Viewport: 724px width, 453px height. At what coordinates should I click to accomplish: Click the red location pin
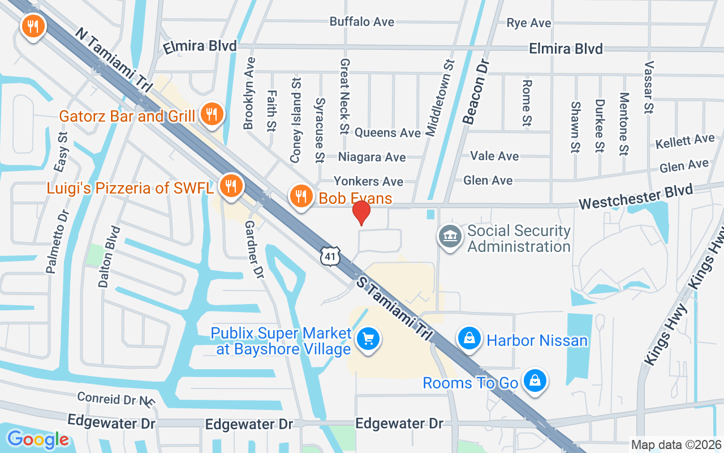[361, 212]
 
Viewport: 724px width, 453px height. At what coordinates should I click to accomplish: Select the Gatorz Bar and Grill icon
[212, 115]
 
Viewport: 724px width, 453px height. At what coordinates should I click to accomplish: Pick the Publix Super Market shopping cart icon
[368, 340]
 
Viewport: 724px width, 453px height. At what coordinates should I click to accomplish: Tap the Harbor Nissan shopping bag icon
[469, 339]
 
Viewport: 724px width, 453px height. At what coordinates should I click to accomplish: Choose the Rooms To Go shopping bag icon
[534, 381]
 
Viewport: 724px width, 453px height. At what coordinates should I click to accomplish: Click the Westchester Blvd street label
[636, 198]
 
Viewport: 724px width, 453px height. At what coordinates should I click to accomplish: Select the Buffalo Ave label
[362, 22]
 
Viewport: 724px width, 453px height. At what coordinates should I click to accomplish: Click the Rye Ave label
[529, 23]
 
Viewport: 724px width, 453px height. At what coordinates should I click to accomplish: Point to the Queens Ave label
[388, 133]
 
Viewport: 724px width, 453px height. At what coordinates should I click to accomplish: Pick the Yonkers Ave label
[368, 181]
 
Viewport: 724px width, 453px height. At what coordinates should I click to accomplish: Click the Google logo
[38, 439]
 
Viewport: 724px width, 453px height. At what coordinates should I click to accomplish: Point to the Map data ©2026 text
[676, 445]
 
